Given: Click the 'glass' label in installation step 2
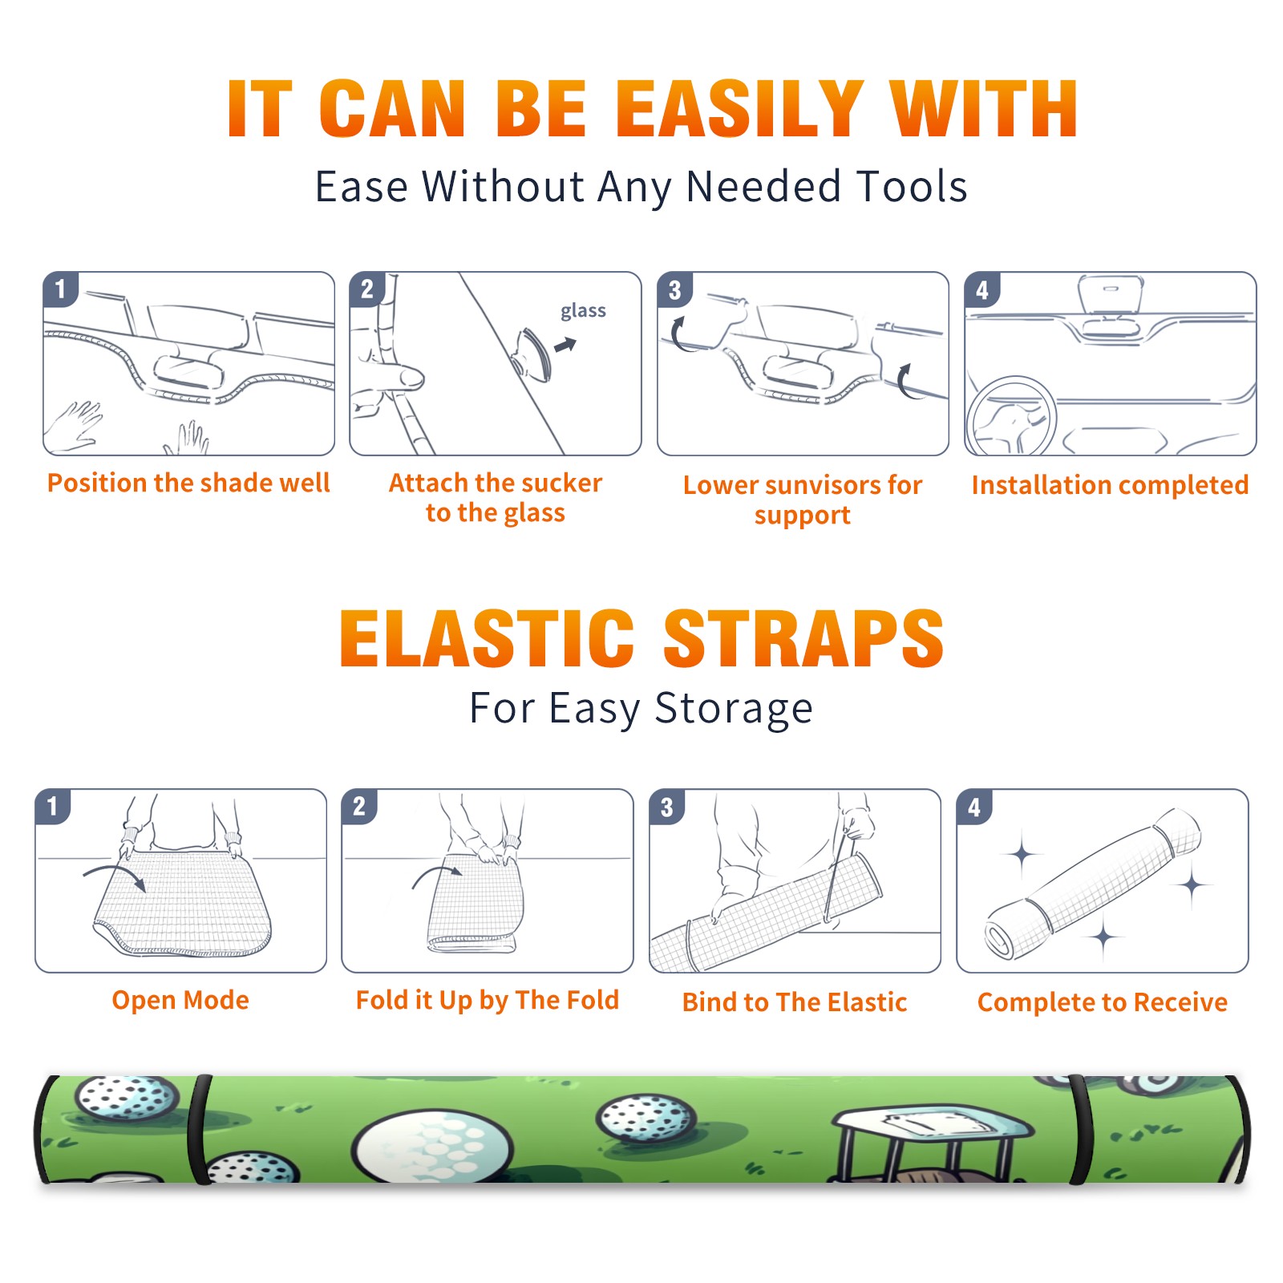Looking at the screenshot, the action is (583, 311).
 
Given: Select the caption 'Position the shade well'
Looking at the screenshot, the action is (188, 483).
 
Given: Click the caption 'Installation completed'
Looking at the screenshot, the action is (1110, 485).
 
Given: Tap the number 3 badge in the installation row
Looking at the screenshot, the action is (674, 289).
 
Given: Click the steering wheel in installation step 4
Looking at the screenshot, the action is (1012, 416).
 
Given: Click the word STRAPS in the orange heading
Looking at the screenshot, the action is (803, 638).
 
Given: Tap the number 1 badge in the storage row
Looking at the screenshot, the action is (53, 807).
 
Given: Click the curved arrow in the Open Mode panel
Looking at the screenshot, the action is (117, 872).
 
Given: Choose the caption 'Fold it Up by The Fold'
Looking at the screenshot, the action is (488, 1000).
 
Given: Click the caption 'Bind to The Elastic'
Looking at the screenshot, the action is (795, 1002).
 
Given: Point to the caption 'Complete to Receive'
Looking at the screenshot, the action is (1103, 1002).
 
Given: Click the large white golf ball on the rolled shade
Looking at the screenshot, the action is (431, 1144).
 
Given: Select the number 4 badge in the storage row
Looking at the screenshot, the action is (974, 807).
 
